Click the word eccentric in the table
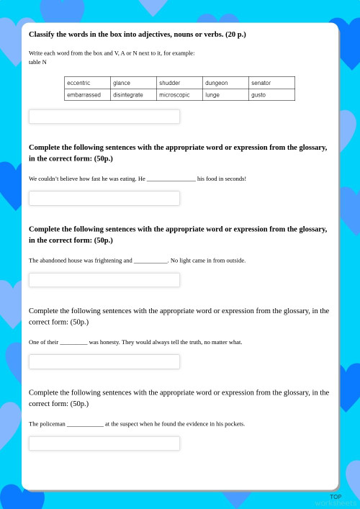click(78, 83)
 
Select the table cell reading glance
click(122, 83)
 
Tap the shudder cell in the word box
click(170, 83)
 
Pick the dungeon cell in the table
click(216, 83)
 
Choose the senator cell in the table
click(261, 83)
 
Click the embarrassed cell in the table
click(84, 94)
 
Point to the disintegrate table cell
click(128, 94)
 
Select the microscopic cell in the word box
click(174, 94)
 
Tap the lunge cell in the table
click(212, 94)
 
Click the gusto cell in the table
click(258, 94)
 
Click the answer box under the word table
click(104, 117)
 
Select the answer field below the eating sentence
click(104, 198)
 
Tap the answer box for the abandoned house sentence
click(104, 280)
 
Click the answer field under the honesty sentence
click(104, 361)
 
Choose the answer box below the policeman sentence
click(104, 443)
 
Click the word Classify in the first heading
click(42, 35)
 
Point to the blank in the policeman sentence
click(85, 425)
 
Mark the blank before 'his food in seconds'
click(171, 179)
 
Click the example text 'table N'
click(37, 62)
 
